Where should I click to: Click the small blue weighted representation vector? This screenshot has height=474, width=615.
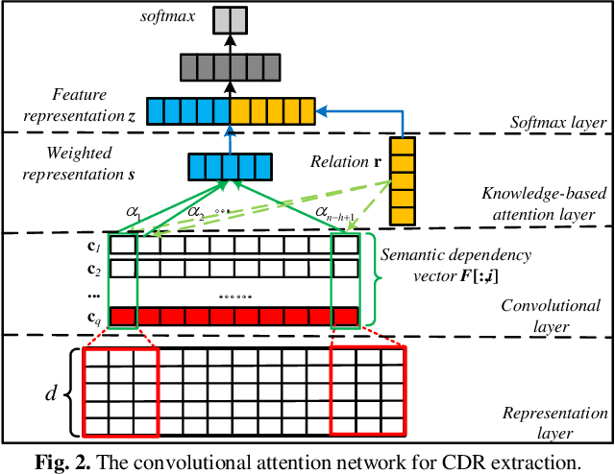[x=229, y=168]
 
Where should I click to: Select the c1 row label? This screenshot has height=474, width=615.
[x=93, y=245]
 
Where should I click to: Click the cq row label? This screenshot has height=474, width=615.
[x=93, y=317]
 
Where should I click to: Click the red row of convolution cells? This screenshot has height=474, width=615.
[x=234, y=316]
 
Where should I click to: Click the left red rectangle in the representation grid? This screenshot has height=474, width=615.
[x=119, y=391]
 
